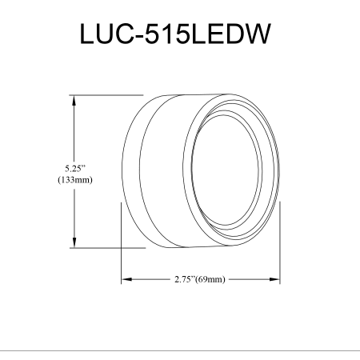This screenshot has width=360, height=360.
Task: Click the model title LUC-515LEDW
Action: click(175, 34)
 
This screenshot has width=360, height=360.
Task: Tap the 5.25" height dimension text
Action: click(76, 169)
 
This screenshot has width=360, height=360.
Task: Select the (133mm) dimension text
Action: click(75, 180)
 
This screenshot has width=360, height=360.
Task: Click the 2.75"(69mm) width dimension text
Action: click(200, 279)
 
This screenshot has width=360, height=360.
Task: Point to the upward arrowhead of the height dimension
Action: click(74, 100)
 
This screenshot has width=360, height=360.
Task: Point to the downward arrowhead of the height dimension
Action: click(74, 242)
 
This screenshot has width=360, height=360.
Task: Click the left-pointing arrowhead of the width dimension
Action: click(126, 279)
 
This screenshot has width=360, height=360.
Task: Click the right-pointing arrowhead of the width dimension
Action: click(274, 279)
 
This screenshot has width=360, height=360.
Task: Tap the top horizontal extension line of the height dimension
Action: click(106, 95)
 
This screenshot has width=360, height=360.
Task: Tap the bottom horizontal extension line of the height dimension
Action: click(108, 248)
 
